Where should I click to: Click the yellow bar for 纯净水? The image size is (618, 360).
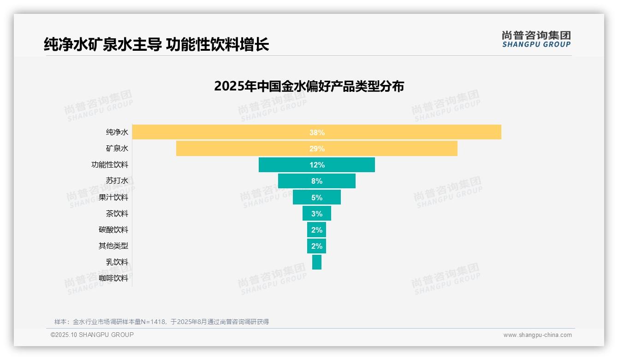tap(415, 132)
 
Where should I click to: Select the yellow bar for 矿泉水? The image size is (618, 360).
tap(392, 149)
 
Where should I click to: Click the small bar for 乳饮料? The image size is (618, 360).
tap(317, 262)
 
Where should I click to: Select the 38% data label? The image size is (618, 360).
tap(317, 132)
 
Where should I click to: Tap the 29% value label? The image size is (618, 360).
tap(317, 149)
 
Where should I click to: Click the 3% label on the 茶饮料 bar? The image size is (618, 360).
tap(317, 214)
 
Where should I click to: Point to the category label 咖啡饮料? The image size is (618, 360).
tap(113, 278)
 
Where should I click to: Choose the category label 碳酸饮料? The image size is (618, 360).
tap(113, 230)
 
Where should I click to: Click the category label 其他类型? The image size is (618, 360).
tap(113, 246)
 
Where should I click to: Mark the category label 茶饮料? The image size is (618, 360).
tap(117, 214)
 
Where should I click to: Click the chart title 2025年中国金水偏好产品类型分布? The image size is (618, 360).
tap(309, 86)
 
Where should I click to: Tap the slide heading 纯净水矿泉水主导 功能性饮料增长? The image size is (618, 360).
tap(156, 45)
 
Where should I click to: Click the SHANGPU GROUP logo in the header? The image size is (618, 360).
tap(536, 39)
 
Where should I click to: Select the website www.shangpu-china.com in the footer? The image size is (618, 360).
tap(537, 335)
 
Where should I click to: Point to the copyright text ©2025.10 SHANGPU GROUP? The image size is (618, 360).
tap(92, 335)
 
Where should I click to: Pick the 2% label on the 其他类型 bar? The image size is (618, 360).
tap(317, 246)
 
